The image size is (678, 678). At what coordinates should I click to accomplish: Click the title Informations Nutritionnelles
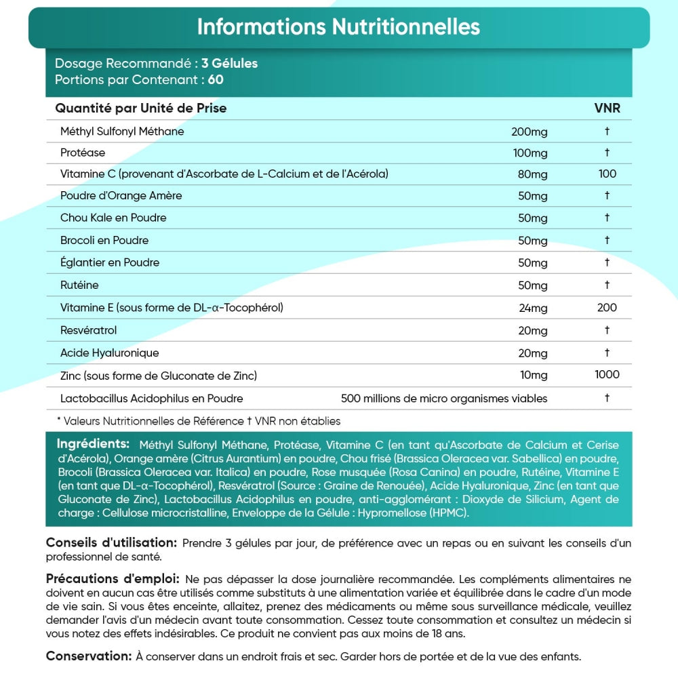pos(338,27)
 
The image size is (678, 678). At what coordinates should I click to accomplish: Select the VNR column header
pos(607,108)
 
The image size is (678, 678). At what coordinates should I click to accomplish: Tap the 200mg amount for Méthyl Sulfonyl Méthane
pos(529,132)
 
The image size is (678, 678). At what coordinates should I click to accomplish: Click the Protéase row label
pos(83,153)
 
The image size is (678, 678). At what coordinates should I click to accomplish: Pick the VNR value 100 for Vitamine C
pos(607,174)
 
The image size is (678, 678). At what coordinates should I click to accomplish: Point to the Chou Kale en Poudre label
pos(113,218)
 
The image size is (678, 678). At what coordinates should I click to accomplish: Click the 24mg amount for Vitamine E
pos(533,308)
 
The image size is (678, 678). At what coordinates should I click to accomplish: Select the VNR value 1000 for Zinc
pos(607,374)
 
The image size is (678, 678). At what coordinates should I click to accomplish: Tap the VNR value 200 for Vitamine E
pos(607,308)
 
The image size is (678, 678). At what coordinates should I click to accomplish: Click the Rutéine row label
pos(79,285)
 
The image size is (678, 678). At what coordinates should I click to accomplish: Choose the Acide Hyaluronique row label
pos(109,353)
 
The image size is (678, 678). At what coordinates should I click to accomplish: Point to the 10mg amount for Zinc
pos(533,375)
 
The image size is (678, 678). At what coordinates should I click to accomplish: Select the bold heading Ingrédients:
pos(93,444)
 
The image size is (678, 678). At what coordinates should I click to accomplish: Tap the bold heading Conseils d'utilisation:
pos(112,543)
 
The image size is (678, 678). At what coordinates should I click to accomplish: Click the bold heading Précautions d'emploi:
pos(113,579)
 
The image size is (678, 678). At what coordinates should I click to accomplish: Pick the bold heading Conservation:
pos(88,656)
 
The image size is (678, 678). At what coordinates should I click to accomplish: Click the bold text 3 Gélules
pos(229,64)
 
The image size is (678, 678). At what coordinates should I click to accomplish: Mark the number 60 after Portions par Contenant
pos(216,79)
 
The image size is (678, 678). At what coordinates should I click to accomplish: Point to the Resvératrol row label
pos(89,330)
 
